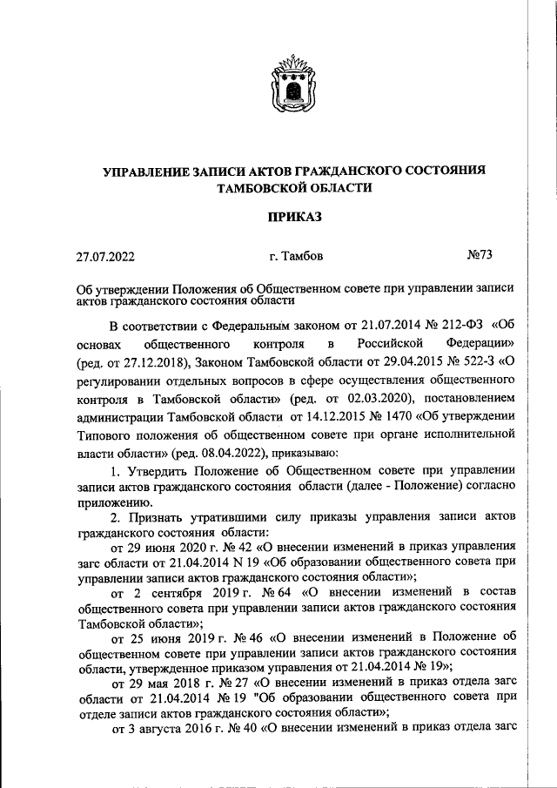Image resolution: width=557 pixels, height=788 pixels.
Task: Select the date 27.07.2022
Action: (x=105, y=256)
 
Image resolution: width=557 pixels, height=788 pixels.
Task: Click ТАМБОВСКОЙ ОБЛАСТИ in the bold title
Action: (x=295, y=187)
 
